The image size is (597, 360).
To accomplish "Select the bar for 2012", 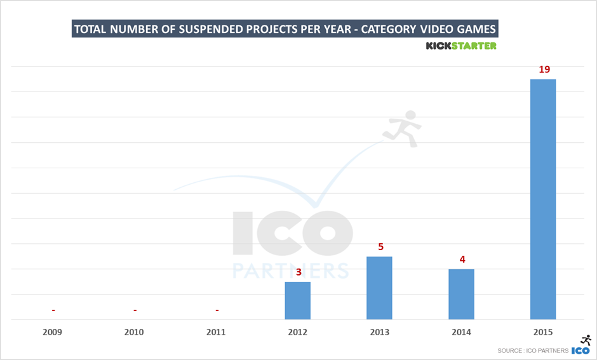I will point(298,300).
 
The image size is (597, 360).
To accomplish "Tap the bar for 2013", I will point(379,288).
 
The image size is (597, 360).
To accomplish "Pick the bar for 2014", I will point(461,294).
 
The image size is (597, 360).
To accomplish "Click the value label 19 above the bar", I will point(544,69).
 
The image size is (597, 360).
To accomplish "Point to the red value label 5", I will point(380,246).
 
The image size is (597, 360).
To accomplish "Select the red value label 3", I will point(298,272).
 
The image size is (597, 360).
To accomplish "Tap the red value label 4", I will point(462,259).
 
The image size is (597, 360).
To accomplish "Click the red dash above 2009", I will point(53,310).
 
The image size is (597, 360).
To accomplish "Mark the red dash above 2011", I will point(217,310).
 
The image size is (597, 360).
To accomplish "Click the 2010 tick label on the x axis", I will point(135,332).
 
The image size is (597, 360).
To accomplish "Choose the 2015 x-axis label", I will point(543,332).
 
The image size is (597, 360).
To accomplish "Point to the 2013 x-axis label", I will point(379,332).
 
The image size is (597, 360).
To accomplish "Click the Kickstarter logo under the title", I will point(460,46).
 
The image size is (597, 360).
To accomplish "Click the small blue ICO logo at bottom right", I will point(580,350).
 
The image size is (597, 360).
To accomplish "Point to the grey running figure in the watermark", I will point(402,128).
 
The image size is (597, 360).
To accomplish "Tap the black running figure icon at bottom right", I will point(586,340).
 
